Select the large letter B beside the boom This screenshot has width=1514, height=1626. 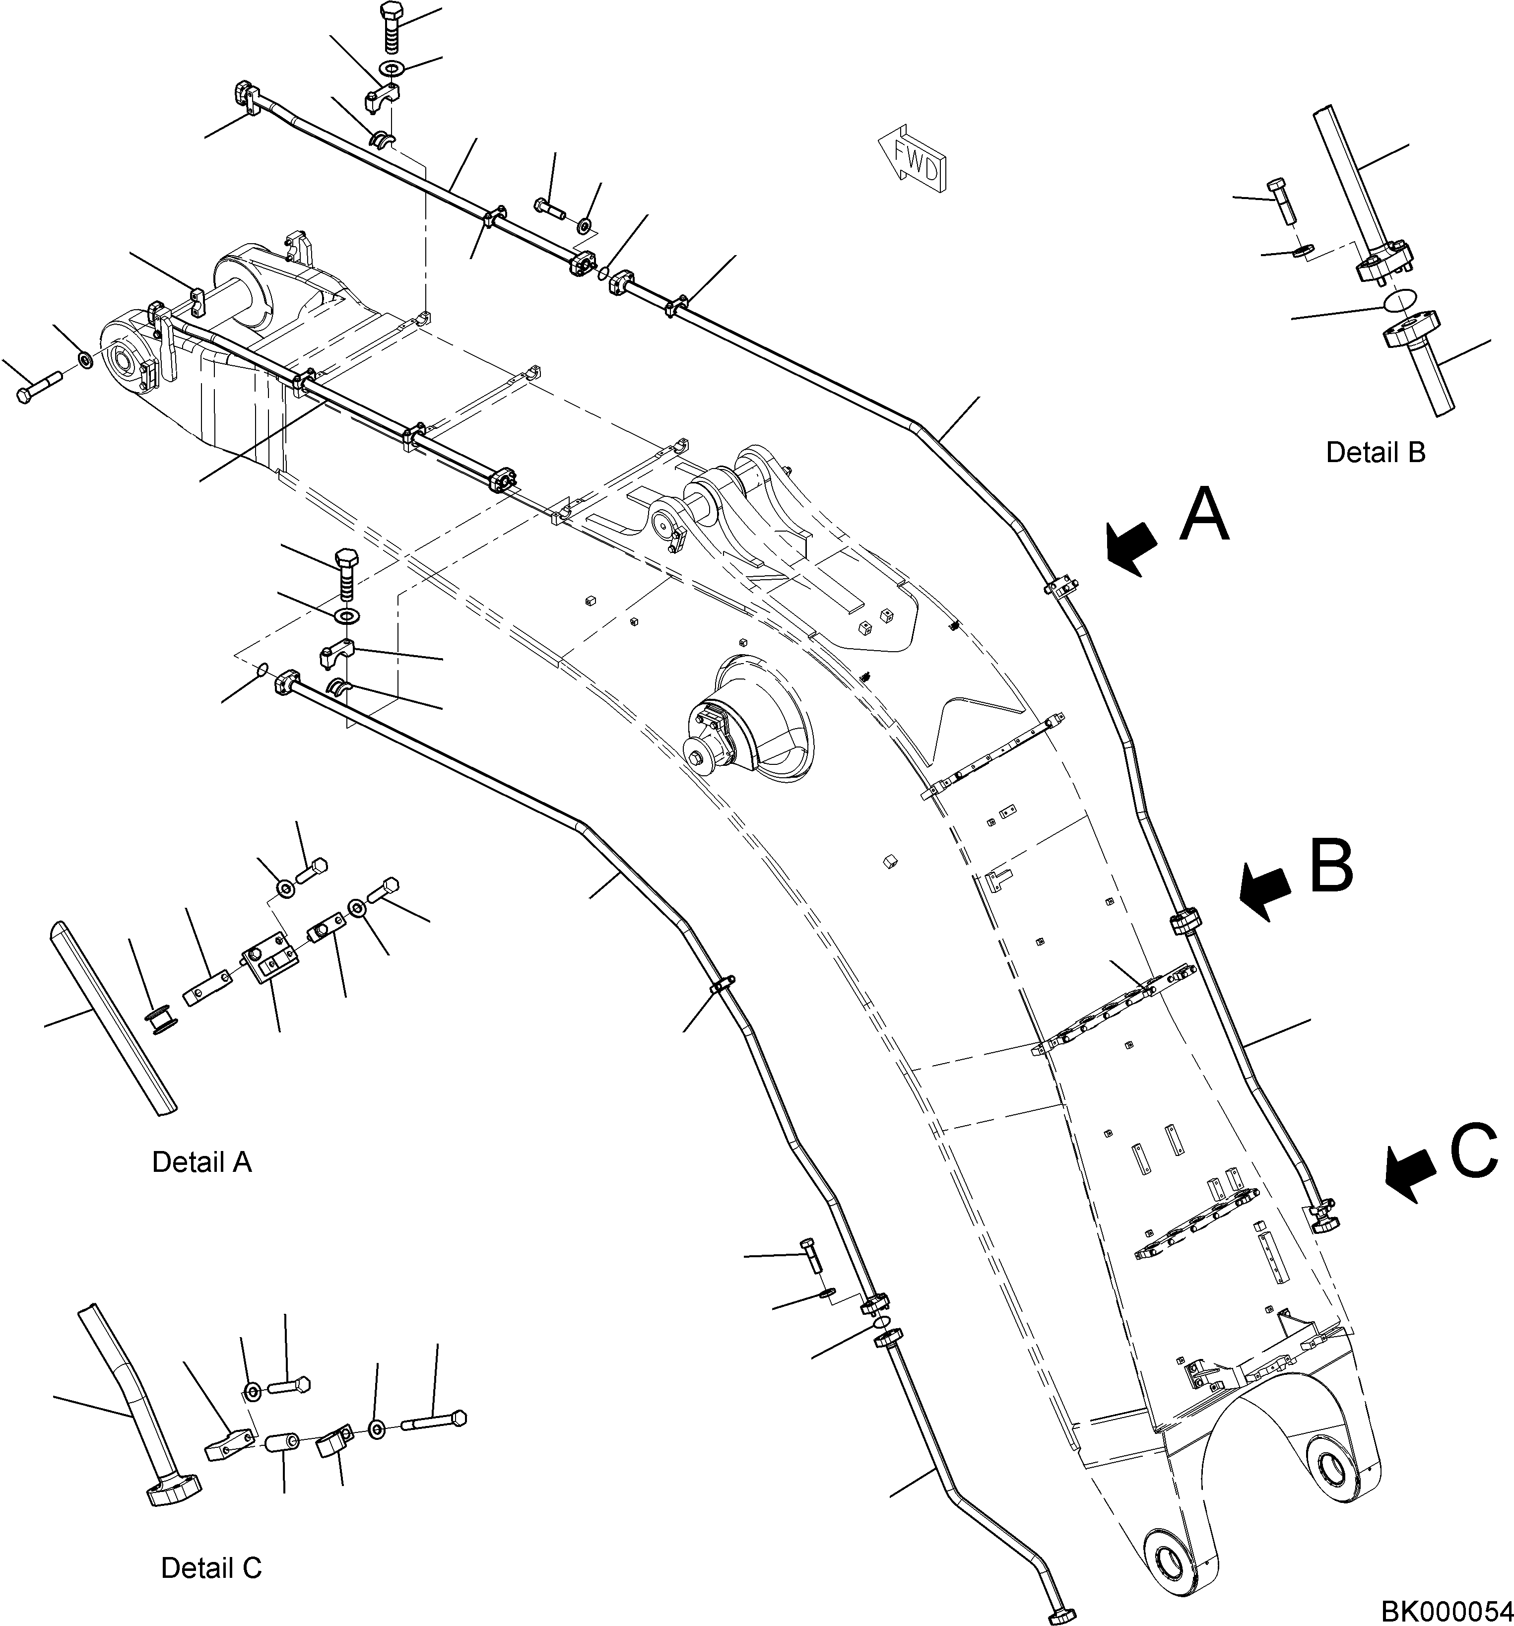click(1331, 865)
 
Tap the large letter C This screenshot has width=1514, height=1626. click(1474, 1151)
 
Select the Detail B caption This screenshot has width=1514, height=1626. click(1375, 452)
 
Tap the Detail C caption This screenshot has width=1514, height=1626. click(211, 1568)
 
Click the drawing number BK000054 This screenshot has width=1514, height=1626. click(1446, 1611)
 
